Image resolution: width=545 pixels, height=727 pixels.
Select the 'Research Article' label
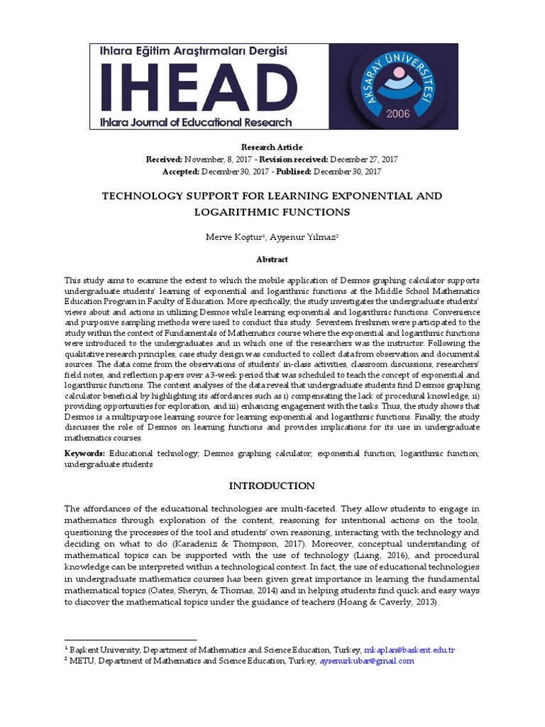(x=272, y=147)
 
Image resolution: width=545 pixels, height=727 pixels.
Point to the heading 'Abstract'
(x=272, y=260)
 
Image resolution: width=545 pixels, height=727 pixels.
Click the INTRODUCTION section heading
(x=271, y=486)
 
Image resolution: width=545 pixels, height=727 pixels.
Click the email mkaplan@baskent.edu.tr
(x=409, y=650)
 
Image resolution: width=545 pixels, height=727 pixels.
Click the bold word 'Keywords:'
(x=85, y=453)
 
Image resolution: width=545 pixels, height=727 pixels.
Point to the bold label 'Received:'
(x=164, y=159)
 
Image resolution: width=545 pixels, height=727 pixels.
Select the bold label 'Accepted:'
(x=181, y=171)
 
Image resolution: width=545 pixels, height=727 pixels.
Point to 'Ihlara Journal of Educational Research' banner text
(x=196, y=121)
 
